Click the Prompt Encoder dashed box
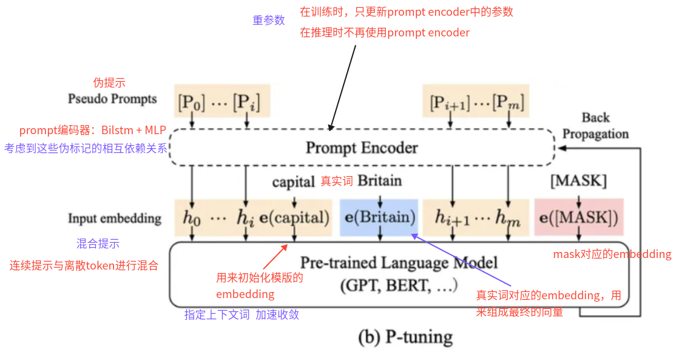point(362,148)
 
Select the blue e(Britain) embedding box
point(379,217)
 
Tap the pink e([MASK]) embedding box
point(579,217)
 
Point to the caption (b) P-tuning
point(405,336)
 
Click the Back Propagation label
point(595,126)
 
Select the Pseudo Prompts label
point(112,99)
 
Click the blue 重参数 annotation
point(268,20)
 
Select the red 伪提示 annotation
point(109,83)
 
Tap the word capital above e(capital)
point(294,182)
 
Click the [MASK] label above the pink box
point(578,180)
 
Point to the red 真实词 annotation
point(336,181)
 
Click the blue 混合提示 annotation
point(98,244)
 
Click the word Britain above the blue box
point(380,180)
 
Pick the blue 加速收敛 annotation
point(277,315)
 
